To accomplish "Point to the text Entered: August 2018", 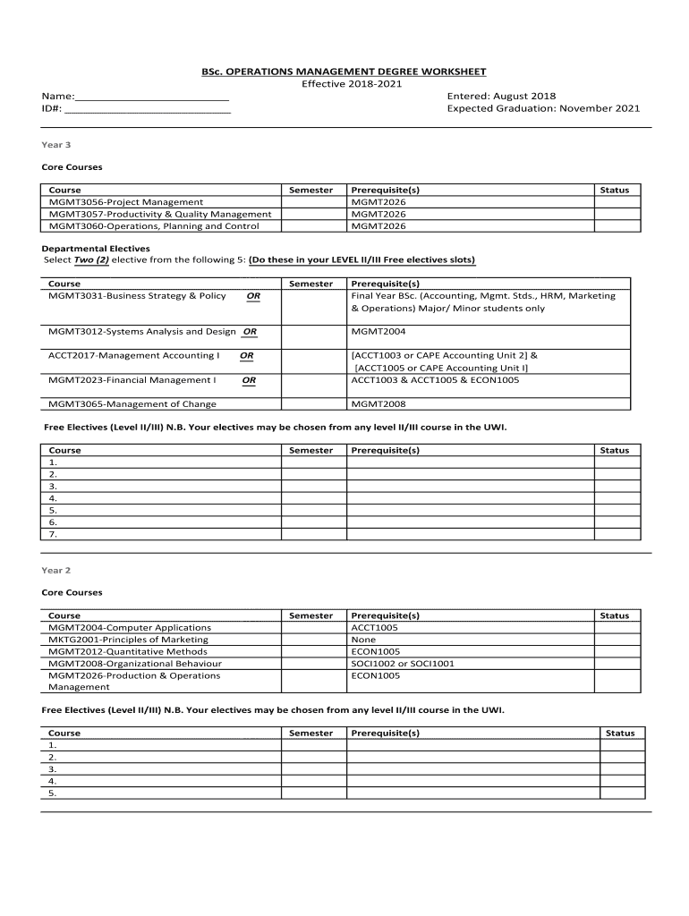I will (x=501, y=96).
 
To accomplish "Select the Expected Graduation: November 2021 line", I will (x=543, y=108).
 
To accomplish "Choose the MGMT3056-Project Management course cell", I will (x=126, y=202).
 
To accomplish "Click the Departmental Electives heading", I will (x=96, y=248).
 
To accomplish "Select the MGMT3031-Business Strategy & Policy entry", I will (x=137, y=296).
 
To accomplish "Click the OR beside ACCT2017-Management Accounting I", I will (x=246, y=355).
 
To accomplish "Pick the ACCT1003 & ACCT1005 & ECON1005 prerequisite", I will (x=435, y=380).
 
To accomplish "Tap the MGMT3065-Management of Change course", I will (x=132, y=404).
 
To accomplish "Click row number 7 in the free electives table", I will (x=53, y=534).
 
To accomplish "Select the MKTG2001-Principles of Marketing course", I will (x=129, y=640).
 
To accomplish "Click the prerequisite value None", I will (x=363, y=640).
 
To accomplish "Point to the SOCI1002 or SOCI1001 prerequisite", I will (x=403, y=664).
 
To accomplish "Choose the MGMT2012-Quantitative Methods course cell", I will (x=128, y=652).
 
